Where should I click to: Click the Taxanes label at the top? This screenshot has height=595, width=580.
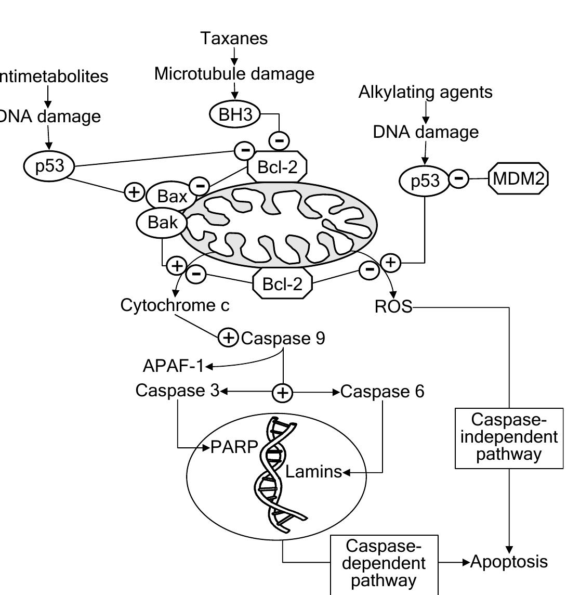click(x=234, y=38)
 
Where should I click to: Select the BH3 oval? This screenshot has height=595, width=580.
click(x=235, y=114)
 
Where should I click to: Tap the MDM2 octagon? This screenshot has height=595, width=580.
click(x=518, y=179)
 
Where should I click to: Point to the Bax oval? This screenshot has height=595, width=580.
click(x=172, y=197)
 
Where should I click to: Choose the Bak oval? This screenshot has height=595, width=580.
click(x=162, y=223)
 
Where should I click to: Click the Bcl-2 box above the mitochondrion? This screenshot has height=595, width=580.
click(x=276, y=167)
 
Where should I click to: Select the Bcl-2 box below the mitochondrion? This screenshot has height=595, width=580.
click(x=283, y=284)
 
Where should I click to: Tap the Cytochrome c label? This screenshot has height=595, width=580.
click(x=175, y=305)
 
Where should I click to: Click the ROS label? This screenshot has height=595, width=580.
click(x=393, y=307)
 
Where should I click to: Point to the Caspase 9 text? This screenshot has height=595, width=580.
click(x=283, y=339)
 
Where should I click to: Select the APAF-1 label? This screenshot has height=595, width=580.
click(x=174, y=366)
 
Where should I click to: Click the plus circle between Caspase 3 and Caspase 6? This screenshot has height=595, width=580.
click(x=283, y=392)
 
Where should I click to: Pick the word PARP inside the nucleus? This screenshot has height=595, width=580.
click(x=234, y=447)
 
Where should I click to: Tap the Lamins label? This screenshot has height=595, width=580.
click(x=313, y=472)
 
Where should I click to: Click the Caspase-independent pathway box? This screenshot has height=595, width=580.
click(x=509, y=438)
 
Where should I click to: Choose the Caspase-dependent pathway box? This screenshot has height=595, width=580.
click(x=384, y=564)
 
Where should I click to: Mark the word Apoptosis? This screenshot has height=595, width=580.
click(x=509, y=562)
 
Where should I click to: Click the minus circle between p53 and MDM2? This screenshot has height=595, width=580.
click(x=458, y=178)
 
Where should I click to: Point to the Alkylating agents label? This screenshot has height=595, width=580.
click(x=426, y=92)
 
